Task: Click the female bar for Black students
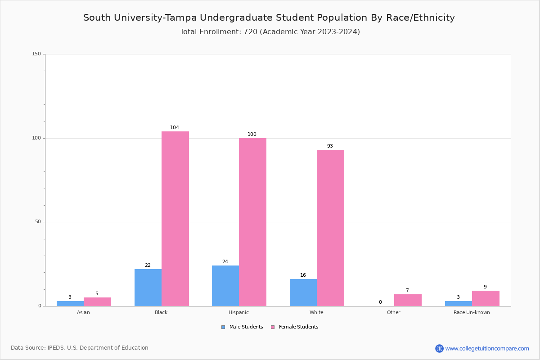coord(175,219)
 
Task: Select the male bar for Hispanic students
coord(225,286)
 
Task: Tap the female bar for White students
coord(330,228)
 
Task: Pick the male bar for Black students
coord(148,288)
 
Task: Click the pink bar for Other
coord(408,300)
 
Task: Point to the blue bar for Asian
coord(70,303)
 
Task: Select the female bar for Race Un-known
coord(486,298)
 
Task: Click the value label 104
coord(175,128)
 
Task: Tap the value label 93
coord(330,146)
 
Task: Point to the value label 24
coord(225,262)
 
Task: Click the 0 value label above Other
coord(380,302)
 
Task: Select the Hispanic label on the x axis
coord(238,312)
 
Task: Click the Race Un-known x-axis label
coord(472,312)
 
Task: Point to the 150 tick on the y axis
coord(36,54)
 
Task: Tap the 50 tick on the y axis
coord(38,222)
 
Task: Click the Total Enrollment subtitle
coord(270,32)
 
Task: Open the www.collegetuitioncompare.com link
coord(487,348)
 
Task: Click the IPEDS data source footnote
coord(80,348)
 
